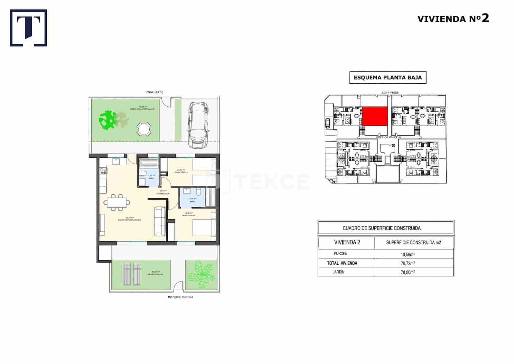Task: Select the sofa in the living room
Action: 160,221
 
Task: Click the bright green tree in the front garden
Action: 108,120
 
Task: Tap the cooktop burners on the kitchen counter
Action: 103,171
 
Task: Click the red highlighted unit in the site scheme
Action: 375,116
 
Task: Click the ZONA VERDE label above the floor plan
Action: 154,92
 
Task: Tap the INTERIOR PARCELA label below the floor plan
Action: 180,297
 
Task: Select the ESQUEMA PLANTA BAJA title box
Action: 388,78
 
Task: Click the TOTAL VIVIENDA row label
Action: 342,263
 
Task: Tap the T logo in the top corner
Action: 29,28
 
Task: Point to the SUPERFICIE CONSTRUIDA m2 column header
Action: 413,243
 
